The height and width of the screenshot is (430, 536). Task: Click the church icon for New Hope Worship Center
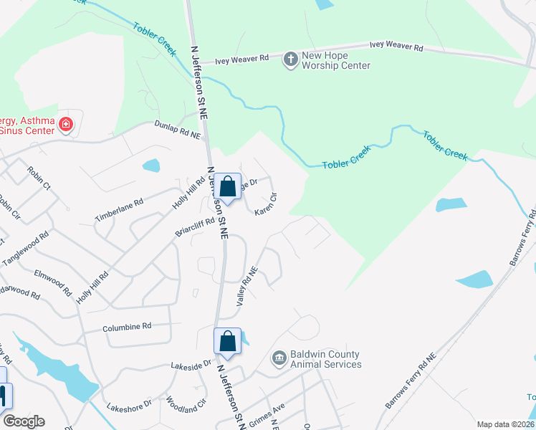pyautogui.click(x=291, y=59)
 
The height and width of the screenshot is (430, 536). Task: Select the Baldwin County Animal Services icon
pyautogui.click(x=279, y=357)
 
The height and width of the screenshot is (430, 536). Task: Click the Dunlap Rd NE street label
pyautogui.click(x=178, y=129)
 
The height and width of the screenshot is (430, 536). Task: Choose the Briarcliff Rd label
pyautogui.click(x=195, y=229)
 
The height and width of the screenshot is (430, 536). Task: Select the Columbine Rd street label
pyautogui.click(x=127, y=326)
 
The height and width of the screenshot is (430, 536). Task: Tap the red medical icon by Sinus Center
pyautogui.click(x=67, y=125)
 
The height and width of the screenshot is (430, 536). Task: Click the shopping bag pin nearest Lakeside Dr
pyautogui.click(x=227, y=342)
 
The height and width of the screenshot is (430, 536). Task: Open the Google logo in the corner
pyautogui.click(x=24, y=421)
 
